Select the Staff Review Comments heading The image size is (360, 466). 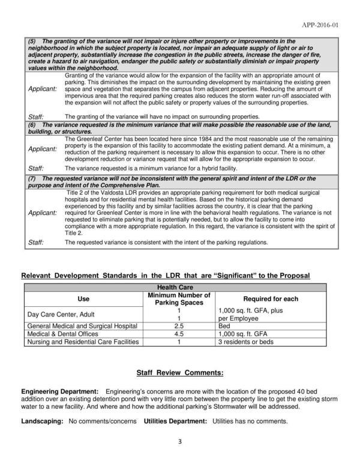coord(179,373)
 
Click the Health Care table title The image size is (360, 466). coord(179,288)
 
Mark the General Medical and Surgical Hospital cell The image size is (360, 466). coord(80,325)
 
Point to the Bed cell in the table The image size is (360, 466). coord(221,325)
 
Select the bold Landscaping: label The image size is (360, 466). coord(43,421)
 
